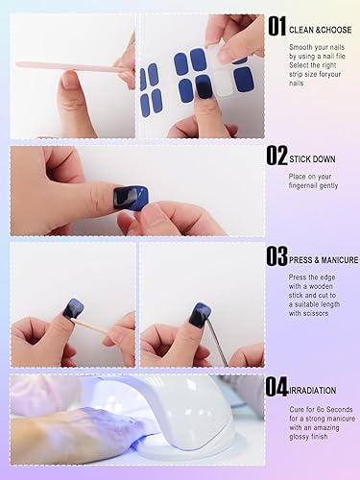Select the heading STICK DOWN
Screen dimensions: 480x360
coord(316,154)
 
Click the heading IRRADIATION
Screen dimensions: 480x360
coord(318,389)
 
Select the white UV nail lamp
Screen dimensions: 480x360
coord(182,413)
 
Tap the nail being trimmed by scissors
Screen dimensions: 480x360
coord(200,312)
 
